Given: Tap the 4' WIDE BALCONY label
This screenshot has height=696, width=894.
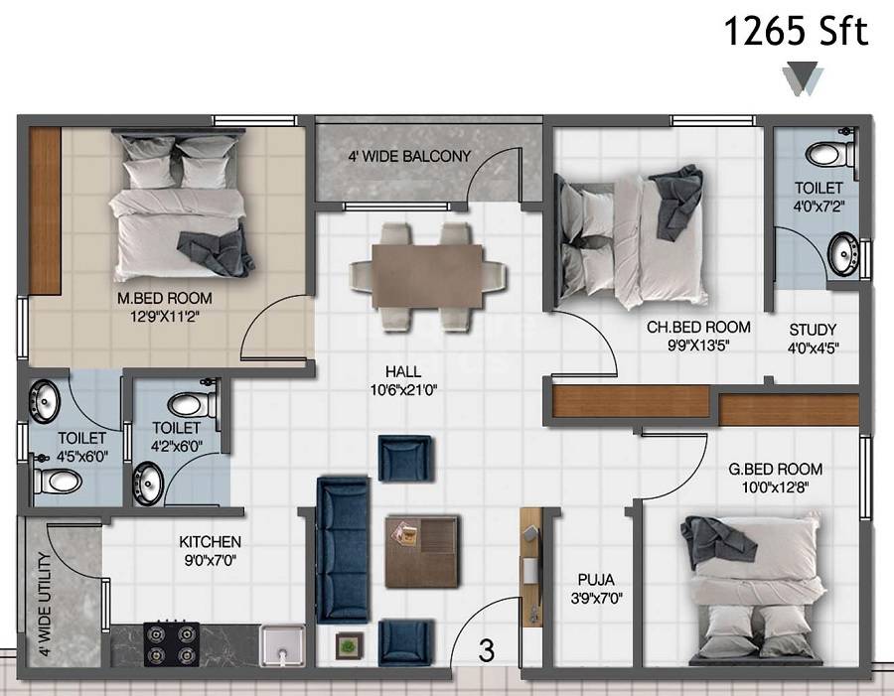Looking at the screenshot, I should tap(408, 156).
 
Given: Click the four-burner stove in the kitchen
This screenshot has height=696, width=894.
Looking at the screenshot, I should tap(173, 643).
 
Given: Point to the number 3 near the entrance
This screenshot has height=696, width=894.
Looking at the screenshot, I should tap(487, 650).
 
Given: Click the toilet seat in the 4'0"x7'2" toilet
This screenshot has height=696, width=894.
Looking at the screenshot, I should tap(828, 153).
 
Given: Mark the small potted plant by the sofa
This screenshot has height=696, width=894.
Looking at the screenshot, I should tap(348, 645).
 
